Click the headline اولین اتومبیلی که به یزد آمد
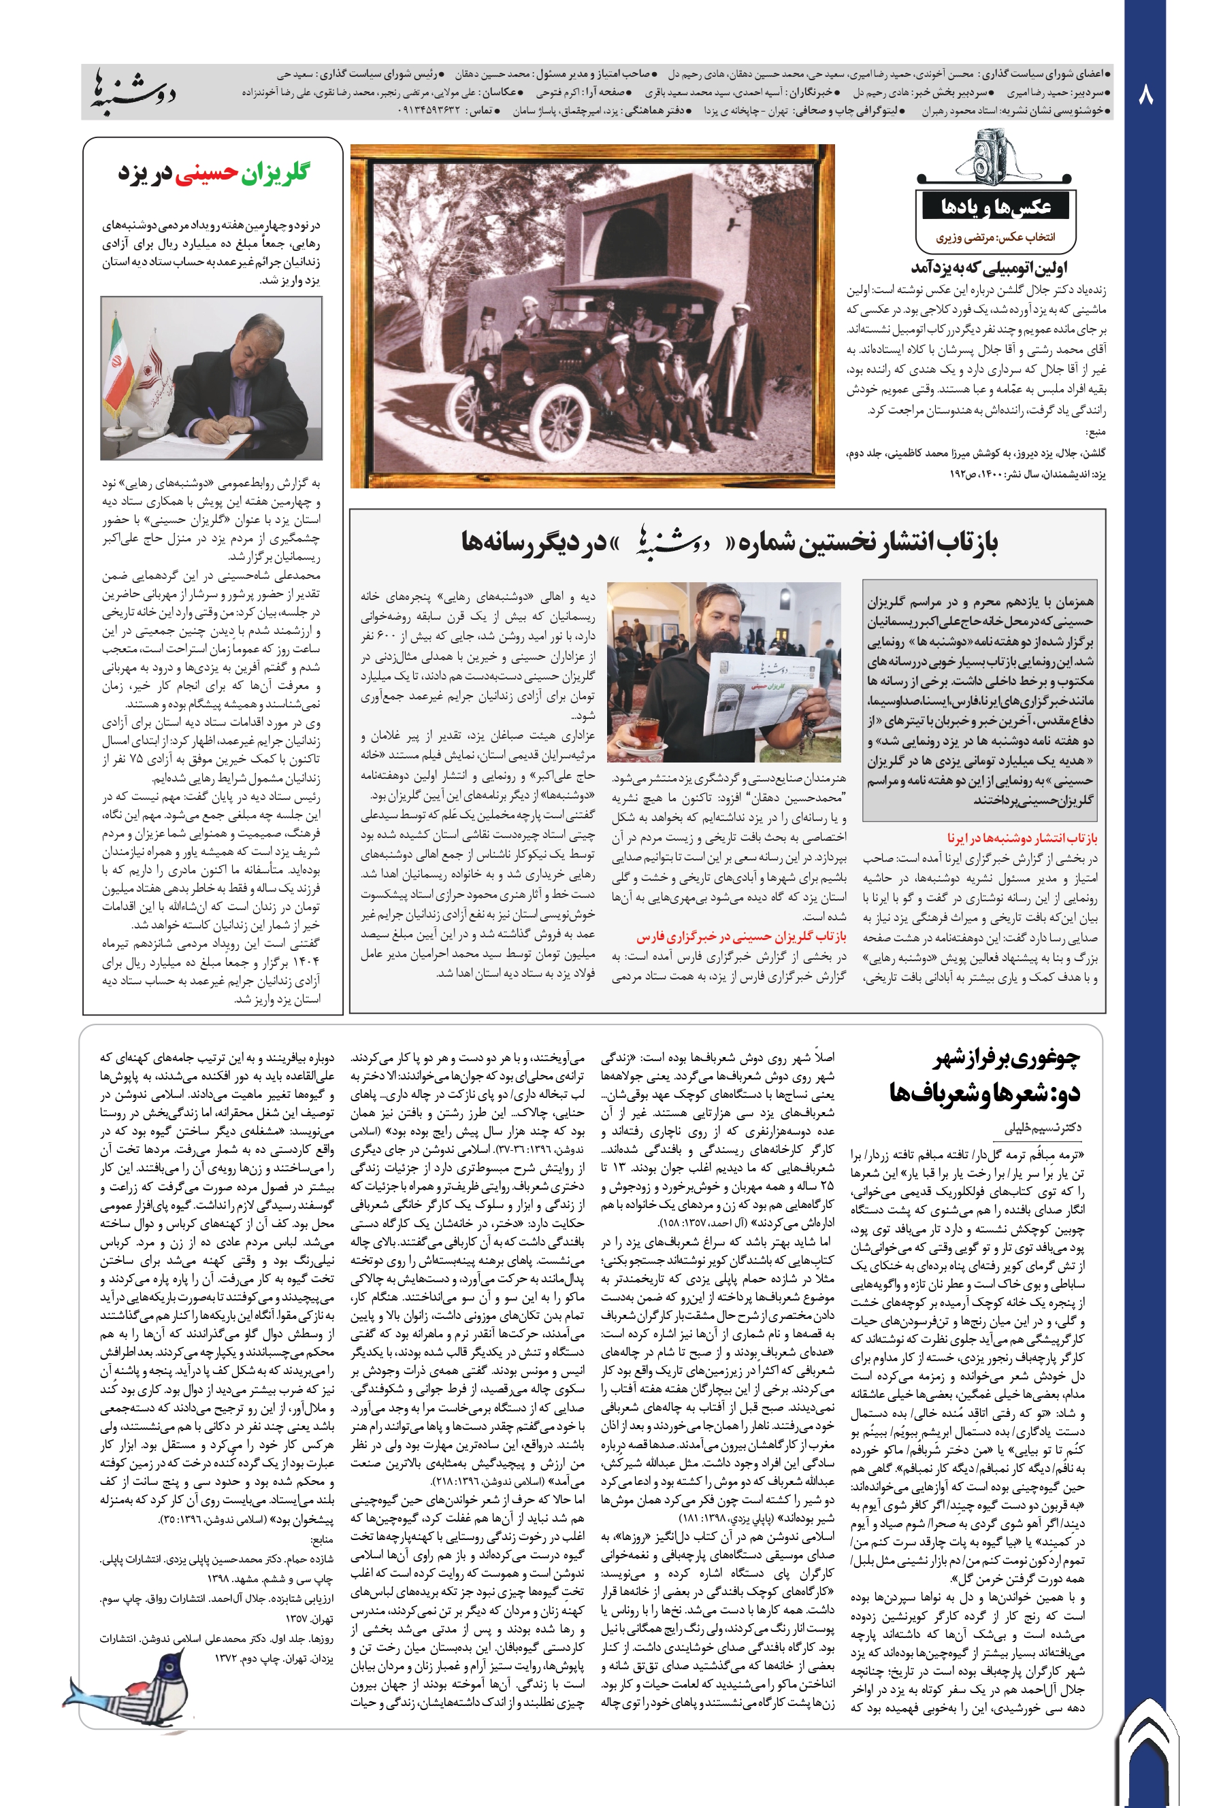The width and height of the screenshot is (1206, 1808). pos(988,267)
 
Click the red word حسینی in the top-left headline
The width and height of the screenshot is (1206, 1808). pos(206,173)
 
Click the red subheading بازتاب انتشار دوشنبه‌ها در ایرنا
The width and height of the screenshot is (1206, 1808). pos(1022,837)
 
